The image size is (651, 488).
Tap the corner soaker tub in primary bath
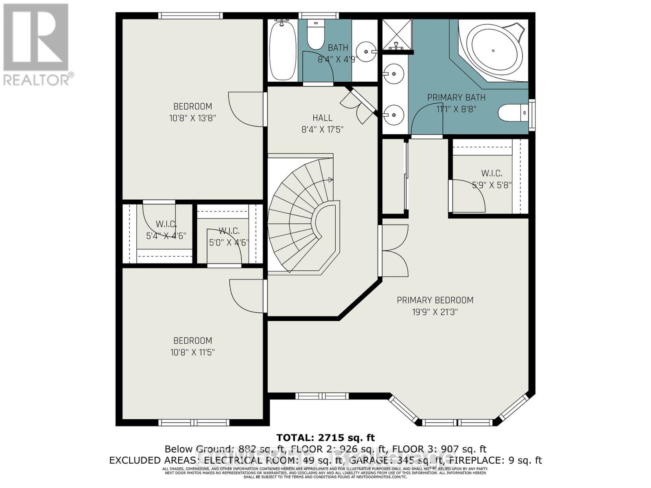coord(494,50)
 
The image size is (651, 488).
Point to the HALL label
coord(322,118)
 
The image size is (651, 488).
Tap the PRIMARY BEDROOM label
coord(435,300)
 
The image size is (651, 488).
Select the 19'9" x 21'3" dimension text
coord(435,312)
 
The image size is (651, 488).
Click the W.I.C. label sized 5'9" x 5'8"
coord(492,173)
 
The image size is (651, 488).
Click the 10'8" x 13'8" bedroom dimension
coord(192,118)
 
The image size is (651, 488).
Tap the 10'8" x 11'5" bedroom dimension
coord(192,352)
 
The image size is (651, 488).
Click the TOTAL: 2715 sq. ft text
coord(325,438)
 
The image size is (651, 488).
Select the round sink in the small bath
coord(365,52)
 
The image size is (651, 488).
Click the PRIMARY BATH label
coord(456,98)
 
